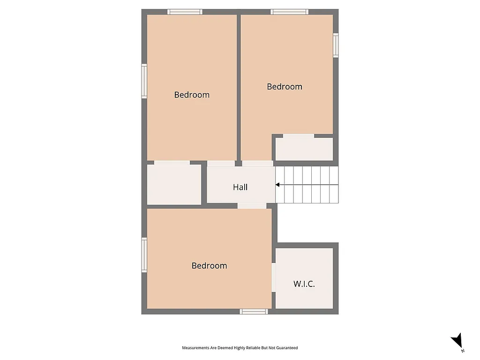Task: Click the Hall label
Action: tap(240, 187)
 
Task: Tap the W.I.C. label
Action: tap(304, 284)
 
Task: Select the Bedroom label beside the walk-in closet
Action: tap(209, 266)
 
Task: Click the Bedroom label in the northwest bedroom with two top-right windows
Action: tap(285, 87)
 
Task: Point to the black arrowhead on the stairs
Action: tap(277, 185)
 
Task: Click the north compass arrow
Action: tap(457, 341)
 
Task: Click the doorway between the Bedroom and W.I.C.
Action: tap(274, 277)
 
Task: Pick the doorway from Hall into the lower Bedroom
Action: tap(252, 206)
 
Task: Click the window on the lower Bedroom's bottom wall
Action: tap(254, 311)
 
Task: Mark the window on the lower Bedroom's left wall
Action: tap(144, 255)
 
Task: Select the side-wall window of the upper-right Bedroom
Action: tap(336, 45)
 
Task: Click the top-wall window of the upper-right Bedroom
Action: tap(289, 12)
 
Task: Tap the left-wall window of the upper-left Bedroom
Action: tap(144, 81)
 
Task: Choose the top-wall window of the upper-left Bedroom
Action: tap(185, 12)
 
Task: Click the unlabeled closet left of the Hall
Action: tap(174, 184)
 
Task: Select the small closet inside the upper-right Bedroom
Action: tap(304, 149)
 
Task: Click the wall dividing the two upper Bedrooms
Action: tap(239, 87)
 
